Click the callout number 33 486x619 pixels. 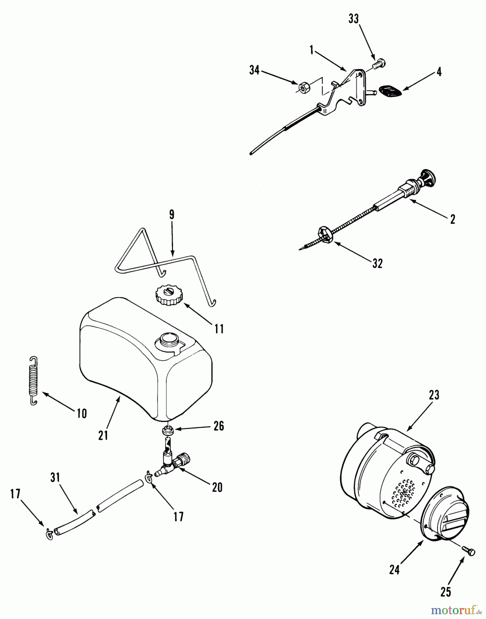(x=353, y=20)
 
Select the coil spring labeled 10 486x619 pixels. (x=33, y=381)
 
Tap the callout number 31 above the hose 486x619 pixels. (x=55, y=477)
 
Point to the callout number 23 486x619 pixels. (x=434, y=395)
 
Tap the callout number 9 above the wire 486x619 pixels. (x=172, y=215)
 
